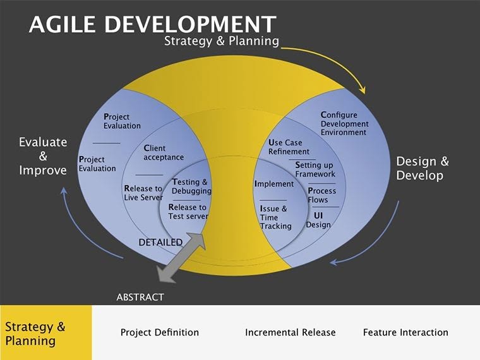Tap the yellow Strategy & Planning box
(x=45, y=333)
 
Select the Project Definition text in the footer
(x=160, y=332)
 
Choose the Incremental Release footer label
(x=291, y=332)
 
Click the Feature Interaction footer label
(x=405, y=332)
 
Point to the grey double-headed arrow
(x=181, y=258)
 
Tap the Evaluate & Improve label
(x=42, y=156)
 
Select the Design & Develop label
(x=423, y=168)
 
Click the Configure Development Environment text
(x=344, y=124)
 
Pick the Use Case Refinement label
(x=289, y=147)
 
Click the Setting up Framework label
(x=315, y=169)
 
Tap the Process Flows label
(x=322, y=195)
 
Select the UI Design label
(x=318, y=220)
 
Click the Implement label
(x=274, y=184)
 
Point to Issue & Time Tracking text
(x=275, y=217)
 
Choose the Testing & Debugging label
(x=191, y=186)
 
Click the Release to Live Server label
(x=143, y=193)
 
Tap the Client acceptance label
(x=164, y=153)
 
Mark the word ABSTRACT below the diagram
(x=140, y=297)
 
